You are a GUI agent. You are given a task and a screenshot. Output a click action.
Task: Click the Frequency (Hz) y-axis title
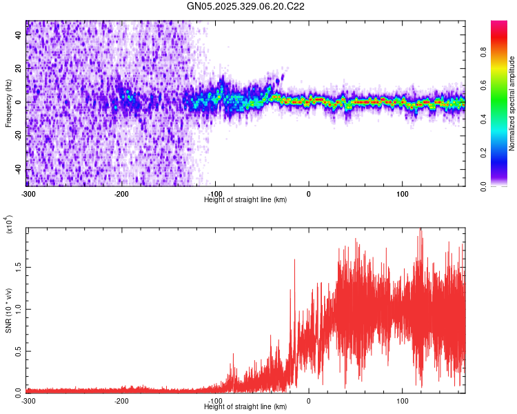[8, 103]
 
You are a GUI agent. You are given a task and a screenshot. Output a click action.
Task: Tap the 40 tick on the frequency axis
[19, 36]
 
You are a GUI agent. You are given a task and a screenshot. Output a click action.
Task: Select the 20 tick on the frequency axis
[19, 69]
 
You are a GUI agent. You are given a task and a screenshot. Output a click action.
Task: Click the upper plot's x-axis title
[245, 199]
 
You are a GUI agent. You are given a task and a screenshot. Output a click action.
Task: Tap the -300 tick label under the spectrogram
[28, 193]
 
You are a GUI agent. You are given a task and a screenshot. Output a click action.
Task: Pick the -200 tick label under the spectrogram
[122, 193]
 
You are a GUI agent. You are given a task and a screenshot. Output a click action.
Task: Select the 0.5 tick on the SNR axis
[18, 350]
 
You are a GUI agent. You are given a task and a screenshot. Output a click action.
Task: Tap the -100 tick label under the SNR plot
[216, 400]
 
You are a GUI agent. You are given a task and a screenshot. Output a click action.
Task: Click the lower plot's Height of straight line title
[245, 407]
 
